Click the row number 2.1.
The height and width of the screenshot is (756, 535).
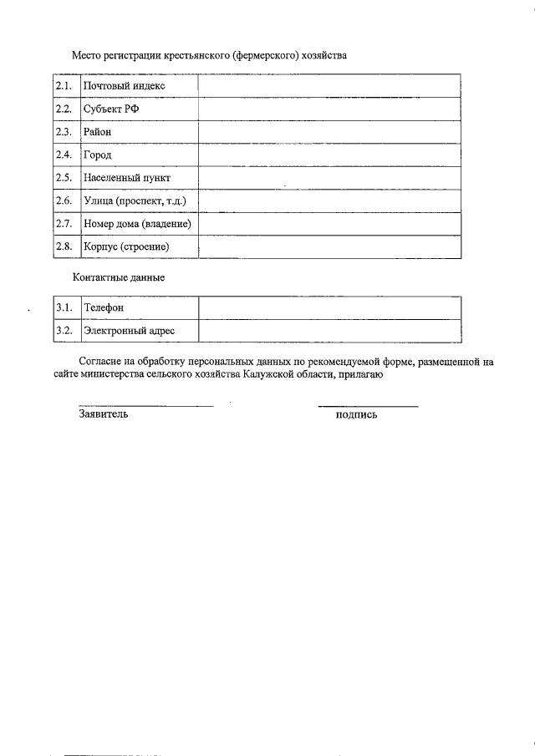[x=64, y=86]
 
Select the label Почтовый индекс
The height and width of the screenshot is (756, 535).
[x=124, y=86]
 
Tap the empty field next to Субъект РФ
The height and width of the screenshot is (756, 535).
[x=329, y=109]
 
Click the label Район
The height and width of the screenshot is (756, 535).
[x=97, y=132]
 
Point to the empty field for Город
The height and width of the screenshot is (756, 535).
[x=329, y=155]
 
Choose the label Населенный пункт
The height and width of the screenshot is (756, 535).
[x=126, y=178]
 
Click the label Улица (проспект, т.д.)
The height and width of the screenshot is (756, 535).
[x=135, y=201]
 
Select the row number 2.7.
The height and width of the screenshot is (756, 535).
[x=64, y=224]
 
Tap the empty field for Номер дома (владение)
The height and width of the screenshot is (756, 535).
[x=329, y=224]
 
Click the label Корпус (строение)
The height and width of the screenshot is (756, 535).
[x=126, y=247]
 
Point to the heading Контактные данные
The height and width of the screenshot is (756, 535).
[x=119, y=278]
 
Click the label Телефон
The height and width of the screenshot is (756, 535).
[x=104, y=308]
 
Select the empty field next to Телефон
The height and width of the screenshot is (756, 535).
[x=329, y=308]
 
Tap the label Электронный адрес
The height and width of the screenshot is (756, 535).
[x=129, y=332]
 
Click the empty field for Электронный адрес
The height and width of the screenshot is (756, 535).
[x=329, y=332]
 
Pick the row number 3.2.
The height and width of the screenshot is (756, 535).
[x=64, y=332]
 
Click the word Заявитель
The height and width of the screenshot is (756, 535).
[x=103, y=414]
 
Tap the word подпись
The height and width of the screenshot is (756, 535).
[x=356, y=415]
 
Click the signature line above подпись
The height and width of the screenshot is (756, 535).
[x=368, y=407]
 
